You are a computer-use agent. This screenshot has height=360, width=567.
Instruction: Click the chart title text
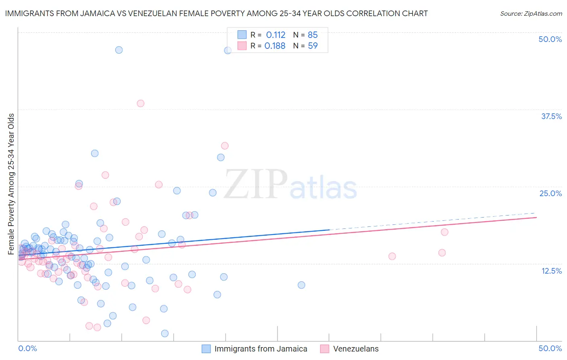216,13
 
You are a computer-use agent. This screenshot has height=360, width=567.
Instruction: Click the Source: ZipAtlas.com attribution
531,14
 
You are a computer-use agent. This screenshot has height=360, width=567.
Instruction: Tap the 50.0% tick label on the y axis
550,39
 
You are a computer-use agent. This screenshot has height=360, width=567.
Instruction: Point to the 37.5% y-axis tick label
551,116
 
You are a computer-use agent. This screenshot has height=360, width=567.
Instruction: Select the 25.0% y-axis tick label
550,193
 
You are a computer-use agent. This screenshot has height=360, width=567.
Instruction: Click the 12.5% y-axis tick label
551,270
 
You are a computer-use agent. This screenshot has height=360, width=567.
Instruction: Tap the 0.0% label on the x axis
27,348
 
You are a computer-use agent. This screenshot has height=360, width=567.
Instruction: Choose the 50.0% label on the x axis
550,348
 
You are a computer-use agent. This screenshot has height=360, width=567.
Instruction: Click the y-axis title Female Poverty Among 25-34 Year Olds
11,184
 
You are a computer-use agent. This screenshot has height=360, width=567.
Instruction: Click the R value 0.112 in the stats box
275,35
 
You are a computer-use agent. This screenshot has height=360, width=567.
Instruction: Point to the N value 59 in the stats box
313,46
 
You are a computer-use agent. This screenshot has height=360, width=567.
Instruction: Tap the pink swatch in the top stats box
242,46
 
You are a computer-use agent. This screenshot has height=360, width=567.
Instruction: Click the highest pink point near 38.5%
140,103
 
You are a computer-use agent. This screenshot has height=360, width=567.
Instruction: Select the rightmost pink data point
444,232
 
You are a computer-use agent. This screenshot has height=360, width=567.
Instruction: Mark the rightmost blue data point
301,285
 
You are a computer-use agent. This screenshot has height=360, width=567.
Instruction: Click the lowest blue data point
165,333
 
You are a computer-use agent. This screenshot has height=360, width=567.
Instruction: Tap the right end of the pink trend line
536,217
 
